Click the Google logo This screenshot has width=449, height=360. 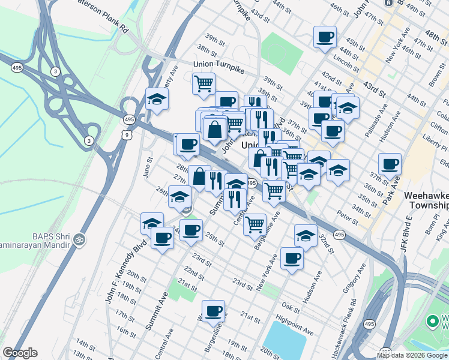click(x=20, y=353)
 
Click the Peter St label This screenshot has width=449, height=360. click(x=347, y=218)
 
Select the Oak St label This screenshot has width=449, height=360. click(x=291, y=307)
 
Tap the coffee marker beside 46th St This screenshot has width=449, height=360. click(x=325, y=37)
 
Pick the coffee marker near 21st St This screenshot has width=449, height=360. click(x=213, y=311)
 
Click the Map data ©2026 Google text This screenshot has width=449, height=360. click(x=412, y=355)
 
